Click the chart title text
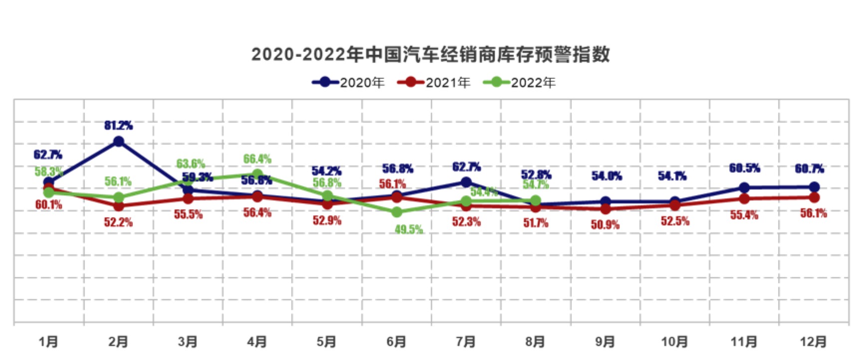pos(430,54)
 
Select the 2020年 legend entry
pos(349,82)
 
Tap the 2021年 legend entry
pos(434,82)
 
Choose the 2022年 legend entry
pos(520,82)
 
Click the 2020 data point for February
pos(119,142)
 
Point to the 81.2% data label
pos(119,125)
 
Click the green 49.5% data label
pos(409,229)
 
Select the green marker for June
pos(397,212)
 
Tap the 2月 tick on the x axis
pos(118,342)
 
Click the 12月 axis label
pos(813,342)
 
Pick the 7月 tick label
pos(466,342)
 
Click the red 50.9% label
pos(605,225)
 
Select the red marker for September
pos(605,209)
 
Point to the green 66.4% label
pos(257,159)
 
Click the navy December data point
pos(814,187)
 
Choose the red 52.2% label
pos(119,222)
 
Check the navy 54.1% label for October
pos(672,176)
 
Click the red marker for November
pos(744,199)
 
